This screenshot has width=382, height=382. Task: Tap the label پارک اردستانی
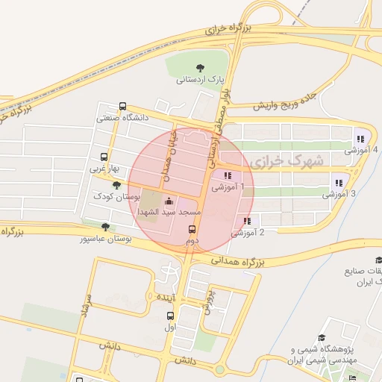click(x=200, y=78)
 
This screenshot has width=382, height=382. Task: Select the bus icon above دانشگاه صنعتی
click(x=123, y=107)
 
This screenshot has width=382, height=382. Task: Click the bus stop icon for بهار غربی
click(x=104, y=157)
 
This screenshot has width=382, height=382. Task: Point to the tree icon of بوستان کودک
click(x=116, y=184)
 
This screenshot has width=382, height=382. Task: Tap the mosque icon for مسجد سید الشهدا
click(x=169, y=201)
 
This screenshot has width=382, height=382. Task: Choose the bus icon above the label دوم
click(x=192, y=229)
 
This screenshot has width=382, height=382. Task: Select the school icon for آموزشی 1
click(x=228, y=176)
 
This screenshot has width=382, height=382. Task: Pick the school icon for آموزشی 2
click(x=247, y=221)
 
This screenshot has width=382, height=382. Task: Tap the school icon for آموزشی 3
click(x=339, y=183)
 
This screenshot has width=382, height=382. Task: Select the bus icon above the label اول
click(x=170, y=316)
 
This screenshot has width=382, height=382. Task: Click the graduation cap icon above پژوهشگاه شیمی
click(x=322, y=338)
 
